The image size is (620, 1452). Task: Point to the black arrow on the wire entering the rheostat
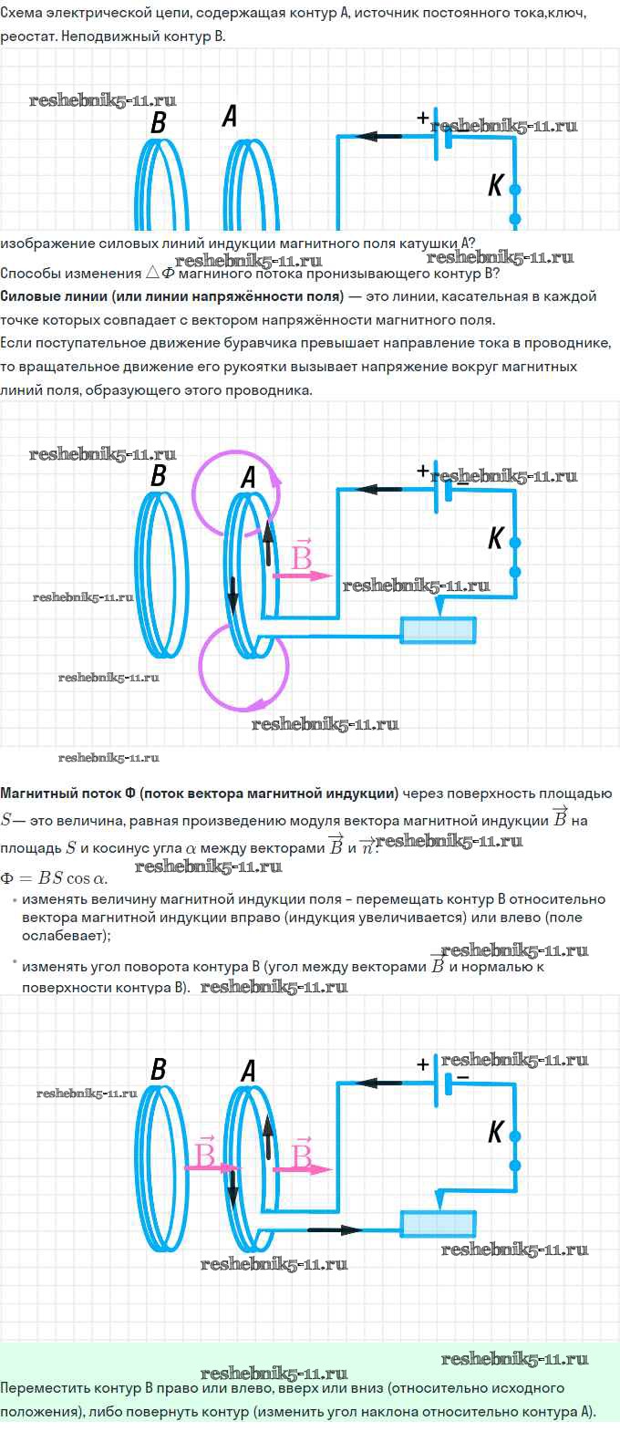[x=335, y=1229]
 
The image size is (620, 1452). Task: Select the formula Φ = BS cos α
[x=54, y=879]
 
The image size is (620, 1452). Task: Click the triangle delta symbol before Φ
[x=152, y=273]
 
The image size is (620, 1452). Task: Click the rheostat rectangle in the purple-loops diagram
[x=438, y=630]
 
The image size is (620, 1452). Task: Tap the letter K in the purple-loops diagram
[x=496, y=538]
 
